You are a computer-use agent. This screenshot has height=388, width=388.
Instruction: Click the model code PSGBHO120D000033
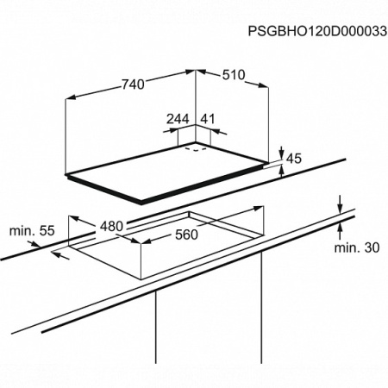point(317,31)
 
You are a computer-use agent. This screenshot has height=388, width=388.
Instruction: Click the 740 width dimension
point(133,84)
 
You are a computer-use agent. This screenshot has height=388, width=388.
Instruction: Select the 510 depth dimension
point(234,75)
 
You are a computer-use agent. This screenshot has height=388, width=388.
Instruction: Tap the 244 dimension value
point(178,119)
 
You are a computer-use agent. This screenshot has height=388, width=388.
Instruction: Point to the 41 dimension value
point(208,119)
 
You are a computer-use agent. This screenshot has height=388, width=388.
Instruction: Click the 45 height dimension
point(294,159)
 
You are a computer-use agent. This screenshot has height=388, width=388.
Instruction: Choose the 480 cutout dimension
point(111,226)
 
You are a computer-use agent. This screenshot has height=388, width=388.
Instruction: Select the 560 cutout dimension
point(186,235)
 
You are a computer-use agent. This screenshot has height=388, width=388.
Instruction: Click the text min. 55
point(32,231)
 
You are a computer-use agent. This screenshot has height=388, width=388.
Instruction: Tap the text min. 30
point(357,247)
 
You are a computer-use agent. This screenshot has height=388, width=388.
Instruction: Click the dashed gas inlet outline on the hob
point(196,149)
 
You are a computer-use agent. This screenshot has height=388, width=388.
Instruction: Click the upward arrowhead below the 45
point(282,171)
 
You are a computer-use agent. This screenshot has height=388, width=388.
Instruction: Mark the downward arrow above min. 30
point(340,204)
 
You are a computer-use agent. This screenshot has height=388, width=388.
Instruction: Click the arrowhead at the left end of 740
point(71,97)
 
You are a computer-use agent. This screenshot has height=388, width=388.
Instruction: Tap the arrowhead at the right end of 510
point(263,85)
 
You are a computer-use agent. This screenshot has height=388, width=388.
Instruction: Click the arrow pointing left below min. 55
point(60,255)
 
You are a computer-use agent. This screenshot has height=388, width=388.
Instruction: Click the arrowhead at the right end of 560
point(258,208)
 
